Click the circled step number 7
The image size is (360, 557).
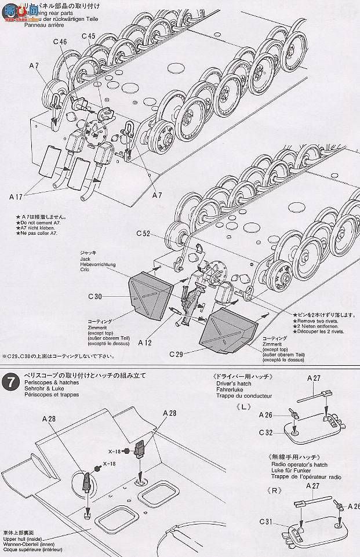(x=9, y=383)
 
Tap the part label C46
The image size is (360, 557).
(x=61, y=42)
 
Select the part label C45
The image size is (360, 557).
(x=89, y=36)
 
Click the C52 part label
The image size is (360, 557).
(x=144, y=234)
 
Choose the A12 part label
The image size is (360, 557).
(x=145, y=343)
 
